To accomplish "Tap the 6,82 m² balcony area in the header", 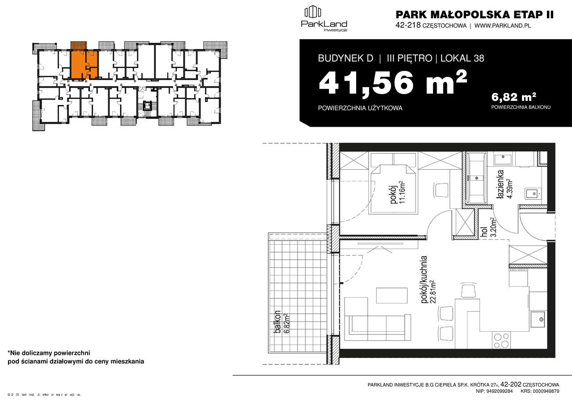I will tap(513, 96).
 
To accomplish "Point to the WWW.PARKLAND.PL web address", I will tap(502, 25).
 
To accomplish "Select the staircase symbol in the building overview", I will tap(147, 106).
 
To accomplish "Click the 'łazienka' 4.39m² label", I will tap(503, 182).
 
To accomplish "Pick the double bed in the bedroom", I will tap(392, 188).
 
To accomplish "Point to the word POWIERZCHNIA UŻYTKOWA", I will tap(360, 108).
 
